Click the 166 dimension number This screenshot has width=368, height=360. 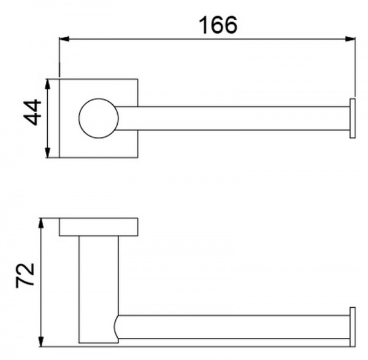[x=218, y=25]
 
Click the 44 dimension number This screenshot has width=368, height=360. [x=33, y=112]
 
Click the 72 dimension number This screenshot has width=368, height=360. [x=25, y=275]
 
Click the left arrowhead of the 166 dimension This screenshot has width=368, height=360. [x=64, y=39]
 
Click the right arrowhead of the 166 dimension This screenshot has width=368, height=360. [x=350, y=39]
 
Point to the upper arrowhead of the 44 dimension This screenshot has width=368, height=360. [x=48, y=84]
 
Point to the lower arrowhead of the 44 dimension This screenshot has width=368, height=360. [x=48, y=153]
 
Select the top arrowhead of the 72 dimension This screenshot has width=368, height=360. [x=41, y=223]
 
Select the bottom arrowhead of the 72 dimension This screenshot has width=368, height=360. [x=41, y=342]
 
